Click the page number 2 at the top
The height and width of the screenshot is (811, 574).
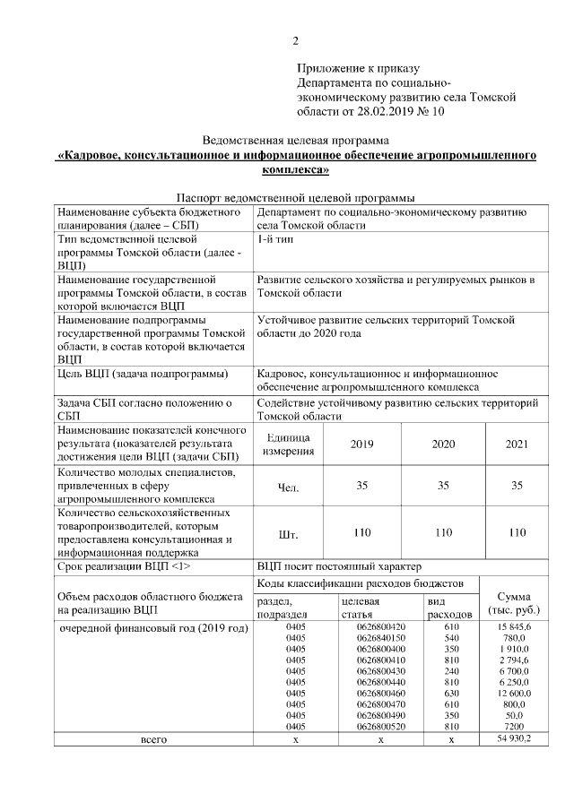pyautogui.click(x=295, y=40)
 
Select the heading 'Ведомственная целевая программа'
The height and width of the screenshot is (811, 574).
pyautogui.click(x=296, y=141)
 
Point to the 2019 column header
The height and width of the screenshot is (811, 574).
pyautogui.click(x=362, y=444)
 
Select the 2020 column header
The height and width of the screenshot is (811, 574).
pyautogui.click(x=443, y=444)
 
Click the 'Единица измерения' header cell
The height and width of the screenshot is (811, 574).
pyautogui.click(x=287, y=444)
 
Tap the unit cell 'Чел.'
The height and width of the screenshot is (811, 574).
pyautogui.click(x=289, y=487)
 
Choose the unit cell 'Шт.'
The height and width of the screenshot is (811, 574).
pyautogui.click(x=289, y=533)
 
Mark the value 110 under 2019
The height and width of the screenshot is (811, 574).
pyautogui.click(x=362, y=532)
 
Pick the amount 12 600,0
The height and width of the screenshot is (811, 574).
pyautogui.click(x=515, y=693)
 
